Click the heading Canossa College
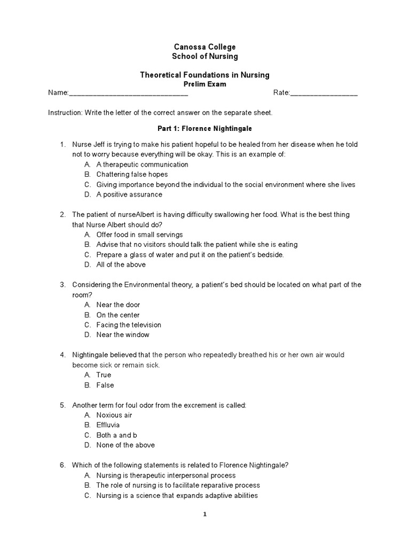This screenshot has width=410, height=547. pos(205,47)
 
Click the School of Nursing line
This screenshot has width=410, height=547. pos(205,56)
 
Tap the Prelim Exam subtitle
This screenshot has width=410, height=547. pos(205,84)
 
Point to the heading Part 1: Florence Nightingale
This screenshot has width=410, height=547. pos(205,129)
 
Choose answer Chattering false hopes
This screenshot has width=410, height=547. pos(132,174)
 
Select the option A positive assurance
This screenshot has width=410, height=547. pos(129,194)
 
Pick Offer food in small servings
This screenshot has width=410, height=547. pos(139,235)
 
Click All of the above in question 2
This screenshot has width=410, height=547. pos(121,264)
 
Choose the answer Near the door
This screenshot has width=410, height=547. pos(118,304)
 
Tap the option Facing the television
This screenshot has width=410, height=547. pos(129,325)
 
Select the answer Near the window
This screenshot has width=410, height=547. pos(123,335)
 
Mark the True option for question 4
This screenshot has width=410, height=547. pos(104,375)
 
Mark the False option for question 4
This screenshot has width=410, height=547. pos(105,385)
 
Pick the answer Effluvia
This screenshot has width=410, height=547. pos(108,425)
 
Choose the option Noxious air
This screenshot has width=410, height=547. pos(114,415)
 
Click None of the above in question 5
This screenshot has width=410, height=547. pos(125,445)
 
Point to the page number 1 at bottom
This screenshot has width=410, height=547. pos(204,515)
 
